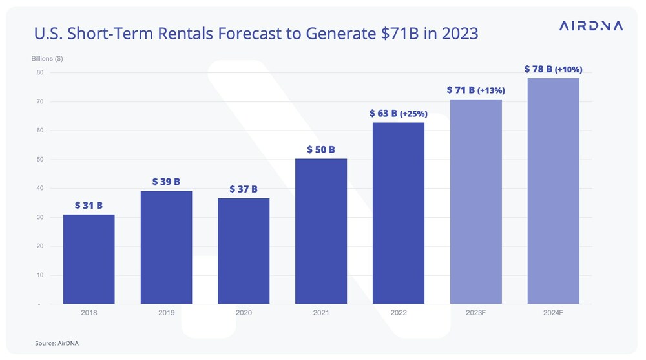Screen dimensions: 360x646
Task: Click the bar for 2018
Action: (x=89, y=259)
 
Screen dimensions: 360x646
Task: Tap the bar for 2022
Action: (x=399, y=213)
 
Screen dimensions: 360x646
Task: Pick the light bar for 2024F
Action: (x=553, y=191)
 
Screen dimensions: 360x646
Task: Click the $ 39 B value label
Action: (x=166, y=182)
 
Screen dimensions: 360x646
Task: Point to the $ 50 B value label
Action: (x=321, y=149)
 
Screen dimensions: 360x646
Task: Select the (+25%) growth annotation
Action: (x=413, y=114)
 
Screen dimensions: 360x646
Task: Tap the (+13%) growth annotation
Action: (x=491, y=91)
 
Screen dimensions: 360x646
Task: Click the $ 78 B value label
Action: (x=537, y=69)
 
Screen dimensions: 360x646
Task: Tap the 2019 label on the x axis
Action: (x=166, y=313)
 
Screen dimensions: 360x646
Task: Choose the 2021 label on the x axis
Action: (x=321, y=313)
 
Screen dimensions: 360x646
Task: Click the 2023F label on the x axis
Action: (x=476, y=313)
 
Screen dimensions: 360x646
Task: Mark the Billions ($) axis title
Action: (x=47, y=59)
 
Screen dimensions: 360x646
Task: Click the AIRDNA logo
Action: (x=590, y=26)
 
